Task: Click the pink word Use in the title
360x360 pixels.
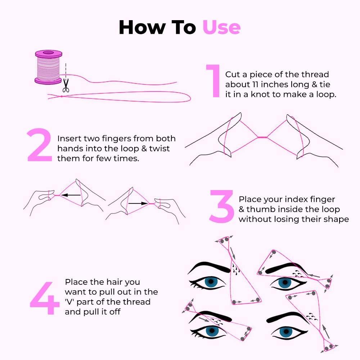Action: pyautogui.click(x=221, y=27)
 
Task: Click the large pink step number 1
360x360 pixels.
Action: pyautogui.click(x=213, y=81)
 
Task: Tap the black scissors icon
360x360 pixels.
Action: pyautogui.click(x=66, y=85)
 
